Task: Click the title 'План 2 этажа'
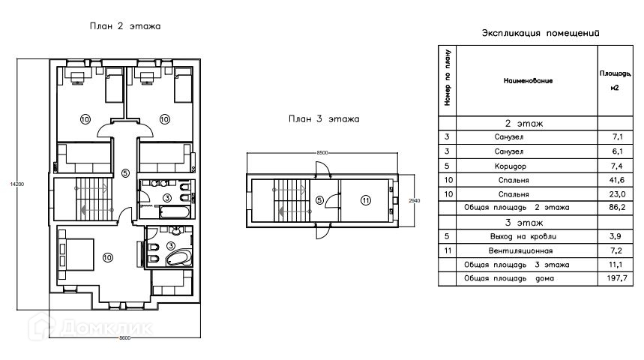pyautogui.click(x=125, y=26)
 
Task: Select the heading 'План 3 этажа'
pyautogui.click(x=324, y=119)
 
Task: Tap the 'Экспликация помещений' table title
pyautogui.click(x=541, y=33)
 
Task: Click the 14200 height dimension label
pyautogui.click(x=17, y=184)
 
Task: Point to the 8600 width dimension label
pyautogui.click(x=125, y=337)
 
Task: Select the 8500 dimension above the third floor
pyautogui.click(x=322, y=152)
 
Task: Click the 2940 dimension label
pyautogui.click(x=415, y=200)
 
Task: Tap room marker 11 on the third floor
pyautogui.click(x=366, y=200)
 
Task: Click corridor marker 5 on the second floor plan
pyautogui.click(x=126, y=173)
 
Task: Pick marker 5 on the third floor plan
pyautogui.click(x=319, y=200)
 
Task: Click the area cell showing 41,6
pyautogui.click(x=617, y=180)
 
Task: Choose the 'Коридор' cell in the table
pyautogui.click(x=510, y=166)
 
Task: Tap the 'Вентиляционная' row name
pyautogui.click(x=520, y=250)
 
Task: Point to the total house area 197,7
pyautogui.click(x=617, y=278)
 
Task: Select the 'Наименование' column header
pyautogui.click(x=528, y=81)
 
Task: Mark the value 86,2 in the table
pyautogui.click(x=617, y=207)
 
